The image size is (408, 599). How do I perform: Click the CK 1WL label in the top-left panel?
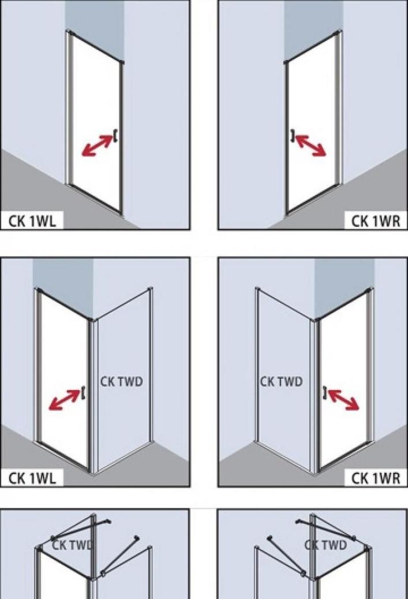click(x=32, y=221)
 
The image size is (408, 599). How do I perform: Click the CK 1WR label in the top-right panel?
click(x=376, y=221)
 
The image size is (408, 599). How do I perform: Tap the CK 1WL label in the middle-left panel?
click(x=32, y=478)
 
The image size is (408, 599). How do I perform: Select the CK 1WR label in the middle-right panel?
click(x=376, y=478)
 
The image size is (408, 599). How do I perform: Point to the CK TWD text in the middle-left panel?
click(x=121, y=381)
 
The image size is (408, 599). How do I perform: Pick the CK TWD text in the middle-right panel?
click(x=281, y=381)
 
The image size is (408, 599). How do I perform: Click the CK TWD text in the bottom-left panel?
click(x=72, y=545)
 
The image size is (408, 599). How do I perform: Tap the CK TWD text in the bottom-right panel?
click(x=325, y=545)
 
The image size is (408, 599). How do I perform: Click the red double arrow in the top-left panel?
click(x=98, y=146)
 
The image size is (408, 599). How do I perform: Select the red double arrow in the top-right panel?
click(x=310, y=146)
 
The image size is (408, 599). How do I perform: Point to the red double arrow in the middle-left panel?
click(x=65, y=400)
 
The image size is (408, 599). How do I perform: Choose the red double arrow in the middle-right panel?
click(x=343, y=400)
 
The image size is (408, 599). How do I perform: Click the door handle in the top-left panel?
click(x=115, y=136)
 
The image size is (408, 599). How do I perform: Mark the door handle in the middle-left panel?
click(x=83, y=392)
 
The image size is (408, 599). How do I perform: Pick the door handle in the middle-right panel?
click(x=325, y=392)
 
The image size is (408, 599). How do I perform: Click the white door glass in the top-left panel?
click(x=95, y=122)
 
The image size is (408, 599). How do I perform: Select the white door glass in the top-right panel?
click(x=312, y=122)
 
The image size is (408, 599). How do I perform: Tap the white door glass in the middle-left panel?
click(x=63, y=378)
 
